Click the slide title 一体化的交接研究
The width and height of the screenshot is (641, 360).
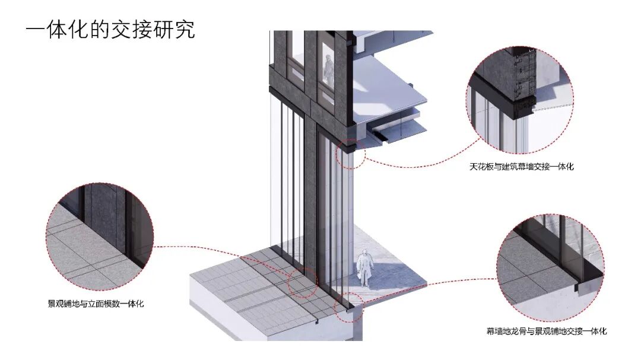point(110,30)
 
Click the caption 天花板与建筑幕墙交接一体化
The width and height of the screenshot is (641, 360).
point(521,167)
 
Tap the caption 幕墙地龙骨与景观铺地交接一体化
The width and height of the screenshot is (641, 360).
point(546,331)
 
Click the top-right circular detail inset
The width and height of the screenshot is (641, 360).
point(519,97)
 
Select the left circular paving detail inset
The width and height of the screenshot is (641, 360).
point(99,236)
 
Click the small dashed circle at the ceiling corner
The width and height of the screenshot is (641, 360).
point(351,152)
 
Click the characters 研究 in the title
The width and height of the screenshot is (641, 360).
point(178,30)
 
